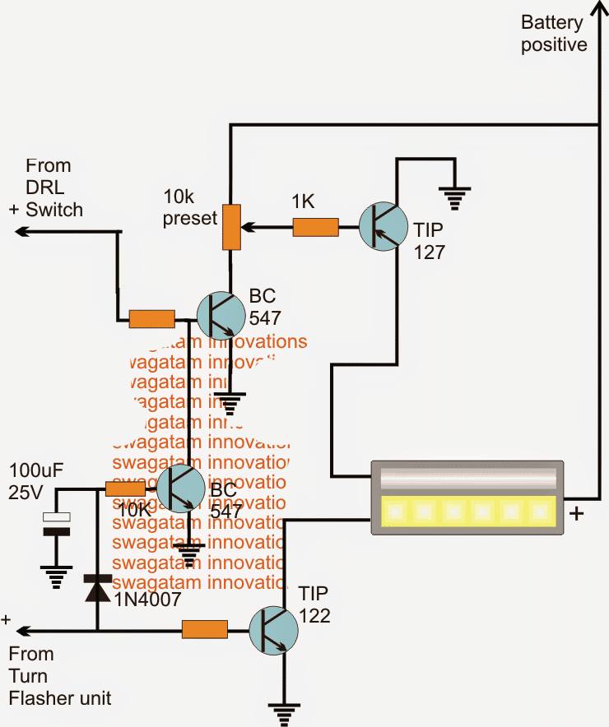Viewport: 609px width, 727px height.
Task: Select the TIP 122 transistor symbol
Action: pos(274,631)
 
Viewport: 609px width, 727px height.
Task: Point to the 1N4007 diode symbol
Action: pos(98,589)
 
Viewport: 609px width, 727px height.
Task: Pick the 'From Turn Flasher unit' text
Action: pos(59,676)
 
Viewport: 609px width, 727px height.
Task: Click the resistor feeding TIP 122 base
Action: pos(204,631)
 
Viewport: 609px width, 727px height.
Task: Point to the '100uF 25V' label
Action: pos(36,483)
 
